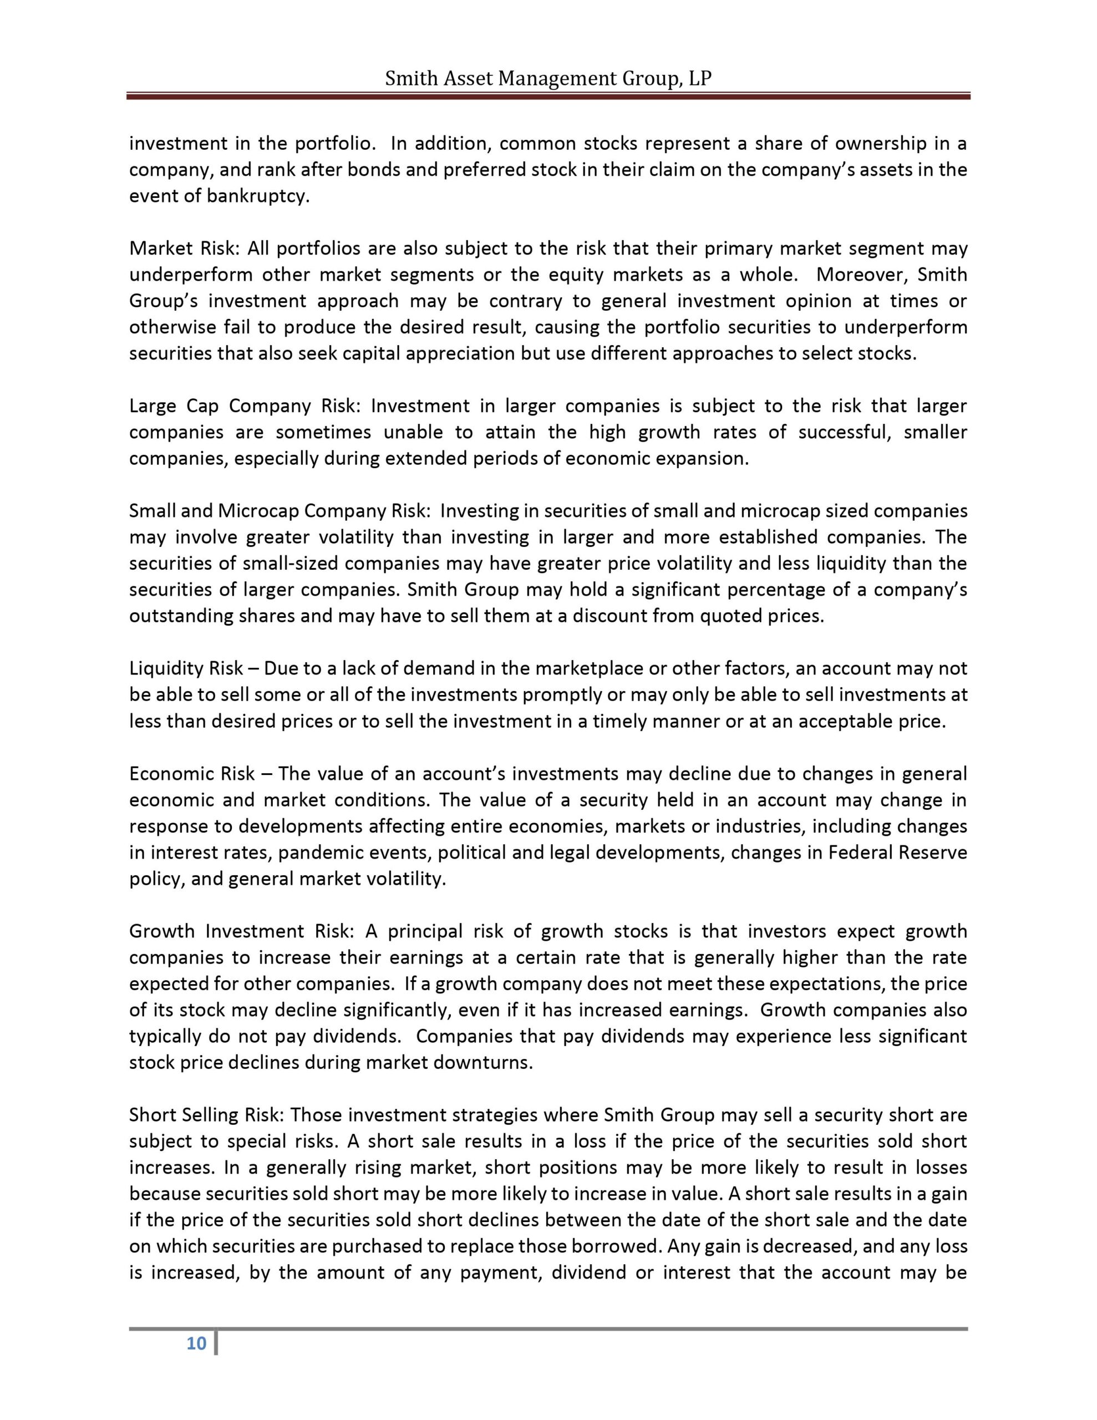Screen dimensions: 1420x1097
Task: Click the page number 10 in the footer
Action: [x=196, y=1344]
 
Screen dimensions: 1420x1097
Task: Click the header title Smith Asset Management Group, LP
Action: [x=548, y=79]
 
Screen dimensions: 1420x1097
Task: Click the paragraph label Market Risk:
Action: [x=185, y=248]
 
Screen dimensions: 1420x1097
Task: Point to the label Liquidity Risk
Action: [x=186, y=668]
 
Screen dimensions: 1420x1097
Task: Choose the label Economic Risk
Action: [x=192, y=774]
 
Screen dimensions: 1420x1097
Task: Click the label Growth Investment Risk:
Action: [x=241, y=931]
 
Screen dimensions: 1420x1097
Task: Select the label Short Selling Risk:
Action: [x=207, y=1115]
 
